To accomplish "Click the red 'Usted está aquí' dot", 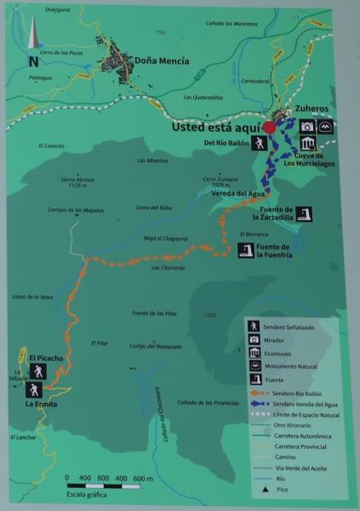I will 269,128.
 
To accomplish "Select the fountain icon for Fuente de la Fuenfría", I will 245,250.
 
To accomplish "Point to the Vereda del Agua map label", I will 232,193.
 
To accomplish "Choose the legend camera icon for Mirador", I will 254,338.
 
